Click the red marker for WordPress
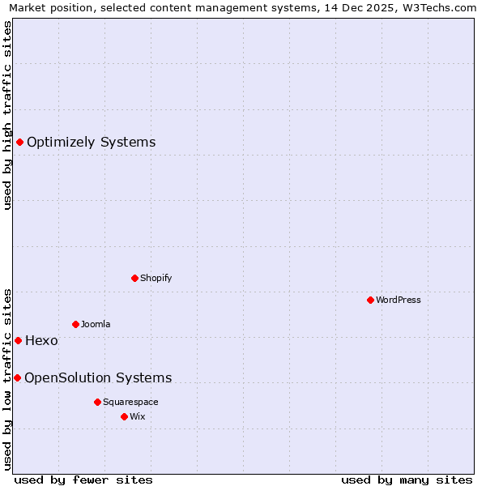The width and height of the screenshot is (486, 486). [x=370, y=300]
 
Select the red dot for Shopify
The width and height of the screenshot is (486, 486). [x=134, y=278]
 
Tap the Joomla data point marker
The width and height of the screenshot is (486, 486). [x=75, y=324]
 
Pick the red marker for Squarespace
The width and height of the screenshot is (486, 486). [x=97, y=402]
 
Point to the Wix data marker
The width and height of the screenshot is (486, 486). [x=124, y=416]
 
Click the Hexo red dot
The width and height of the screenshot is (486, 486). [x=18, y=340]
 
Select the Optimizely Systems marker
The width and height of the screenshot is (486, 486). [x=19, y=143]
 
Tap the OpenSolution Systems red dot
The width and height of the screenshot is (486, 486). [x=17, y=377]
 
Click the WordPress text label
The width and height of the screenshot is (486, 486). [x=399, y=300]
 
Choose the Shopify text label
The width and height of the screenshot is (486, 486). [x=156, y=278]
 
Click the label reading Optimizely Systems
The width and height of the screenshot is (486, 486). [x=91, y=143]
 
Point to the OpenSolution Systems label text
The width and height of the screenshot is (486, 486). [x=98, y=377]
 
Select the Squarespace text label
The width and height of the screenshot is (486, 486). [x=130, y=402]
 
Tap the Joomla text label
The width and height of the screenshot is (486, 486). [x=96, y=324]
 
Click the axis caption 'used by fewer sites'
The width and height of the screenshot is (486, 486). [x=83, y=480]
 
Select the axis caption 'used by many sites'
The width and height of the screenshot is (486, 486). [x=407, y=480]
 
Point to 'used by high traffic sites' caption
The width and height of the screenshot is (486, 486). [x=7, y=115]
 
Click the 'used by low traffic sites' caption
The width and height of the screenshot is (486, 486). [x=7, y=378]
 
